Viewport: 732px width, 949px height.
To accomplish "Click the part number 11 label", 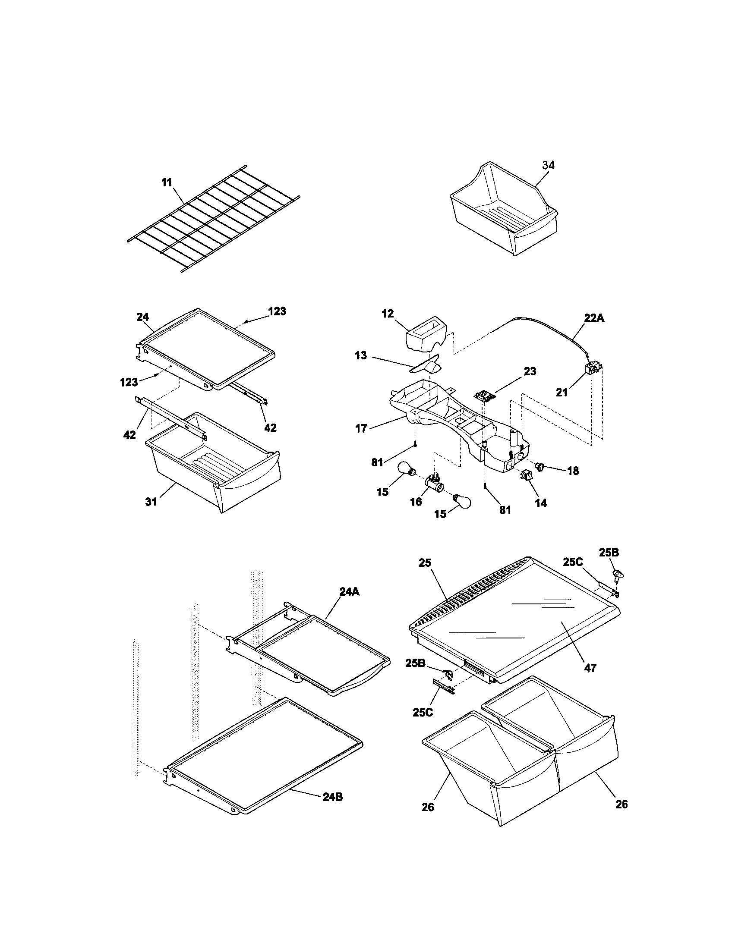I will [167, 183].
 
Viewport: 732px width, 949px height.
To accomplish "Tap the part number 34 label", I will [548, 165].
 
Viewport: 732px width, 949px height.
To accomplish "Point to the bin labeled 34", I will [504, 213].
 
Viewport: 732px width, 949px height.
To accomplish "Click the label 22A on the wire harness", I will [594, 318].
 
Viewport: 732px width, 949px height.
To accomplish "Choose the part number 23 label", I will [530, 371].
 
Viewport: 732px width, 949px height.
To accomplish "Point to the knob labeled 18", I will [541, 467].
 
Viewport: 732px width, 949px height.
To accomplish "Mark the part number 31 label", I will [151, 502].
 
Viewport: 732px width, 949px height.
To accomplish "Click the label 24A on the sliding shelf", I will [350, 592].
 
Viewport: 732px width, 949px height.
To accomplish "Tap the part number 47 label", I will [590, 668].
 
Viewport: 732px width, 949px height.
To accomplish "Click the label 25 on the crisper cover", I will [425, 562].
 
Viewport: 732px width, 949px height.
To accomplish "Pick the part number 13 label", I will [361, 355].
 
